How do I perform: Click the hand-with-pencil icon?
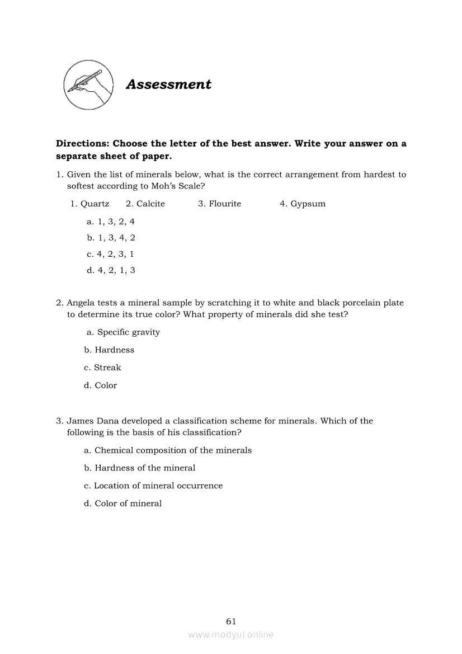(x=88, y=85)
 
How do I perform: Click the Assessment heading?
(x=168, y=84)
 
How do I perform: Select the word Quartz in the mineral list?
(x=95, y=204)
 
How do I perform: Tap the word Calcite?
(x=150, y=204)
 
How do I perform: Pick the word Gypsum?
(x=308, y=204)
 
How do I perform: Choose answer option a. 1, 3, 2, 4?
(x=111, y=222)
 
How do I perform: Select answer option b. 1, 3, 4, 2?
(x=111, y=238)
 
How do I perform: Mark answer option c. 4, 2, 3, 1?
(x=110, y=254)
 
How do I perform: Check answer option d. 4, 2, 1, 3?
(x=111, y=270)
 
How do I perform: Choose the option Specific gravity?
(x=128, y=332)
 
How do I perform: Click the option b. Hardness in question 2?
(x=114, y=350)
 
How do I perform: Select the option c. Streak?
(x=107, y=368)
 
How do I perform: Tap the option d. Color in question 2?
(x=106, y=385)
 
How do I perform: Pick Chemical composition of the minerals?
(x=173, y=450)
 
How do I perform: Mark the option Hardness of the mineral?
(x=145, y=468)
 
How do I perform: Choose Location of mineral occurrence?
(x=158, y=486)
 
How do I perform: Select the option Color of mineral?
(x=128, y=504)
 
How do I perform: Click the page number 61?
(x=231, y=621)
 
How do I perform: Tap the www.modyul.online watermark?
(x=231, y=634)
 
